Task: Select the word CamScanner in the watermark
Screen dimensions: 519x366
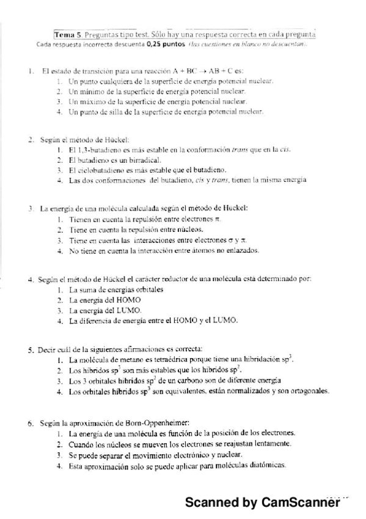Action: click(x=301, y=502)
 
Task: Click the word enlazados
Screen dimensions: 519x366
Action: click(x=243, y=251)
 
